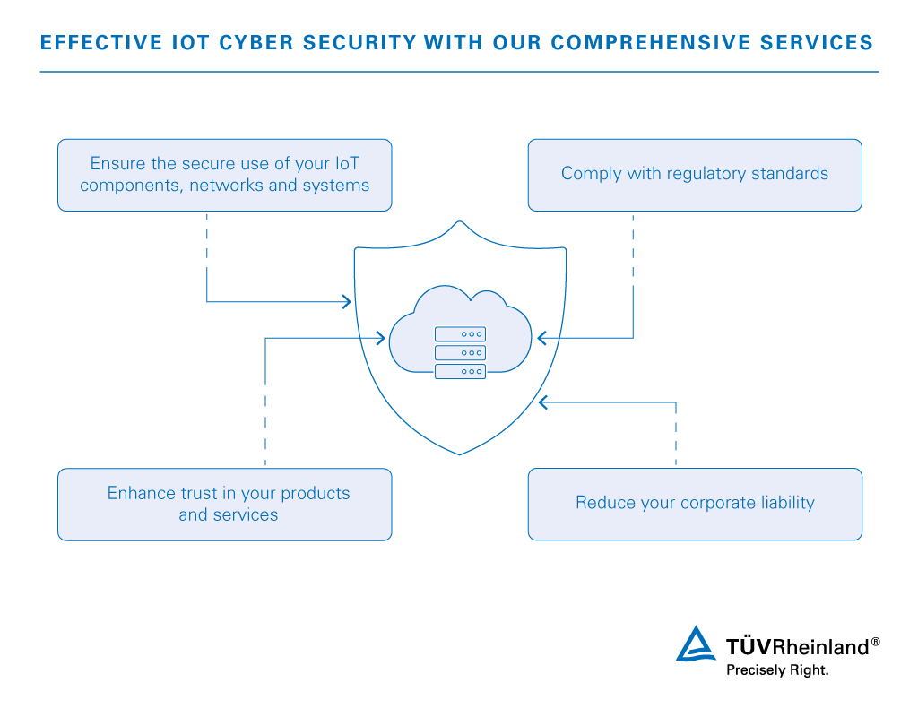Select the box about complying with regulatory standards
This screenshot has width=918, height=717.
(x=695, y=175)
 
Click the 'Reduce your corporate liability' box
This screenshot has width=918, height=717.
(x=695, y=504)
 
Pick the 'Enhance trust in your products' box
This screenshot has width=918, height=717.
(x=224, y=504)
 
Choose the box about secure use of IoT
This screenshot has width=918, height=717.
(x=224, y=175)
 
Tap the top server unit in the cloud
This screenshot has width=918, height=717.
(x=460, y=333)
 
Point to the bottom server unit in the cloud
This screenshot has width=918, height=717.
(x=460, y=371)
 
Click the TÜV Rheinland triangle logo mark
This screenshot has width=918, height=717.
(x=697, y=645)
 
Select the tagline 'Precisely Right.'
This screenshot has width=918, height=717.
(x=777, y=669)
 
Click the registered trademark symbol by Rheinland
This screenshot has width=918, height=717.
(x=875, y=642)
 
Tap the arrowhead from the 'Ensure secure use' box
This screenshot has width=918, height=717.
(x=347, y=302)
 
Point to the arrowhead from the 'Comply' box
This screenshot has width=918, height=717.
(x=542, y=338)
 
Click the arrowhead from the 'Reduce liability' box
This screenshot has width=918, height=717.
(x=542, y=402)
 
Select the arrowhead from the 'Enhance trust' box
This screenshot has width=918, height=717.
(x=381, y=338)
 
